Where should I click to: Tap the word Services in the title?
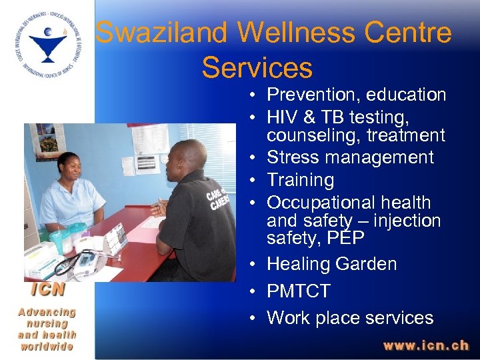click(x=257, y=67)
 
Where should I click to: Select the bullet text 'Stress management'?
click(x=350, y=158)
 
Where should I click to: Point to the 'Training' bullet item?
click(x=300, y=180)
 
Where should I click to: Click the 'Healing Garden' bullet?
click(x=331, y=264)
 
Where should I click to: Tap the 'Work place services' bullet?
click(x=350, y=318)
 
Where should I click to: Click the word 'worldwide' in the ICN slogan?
click(x=47, y=347)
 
